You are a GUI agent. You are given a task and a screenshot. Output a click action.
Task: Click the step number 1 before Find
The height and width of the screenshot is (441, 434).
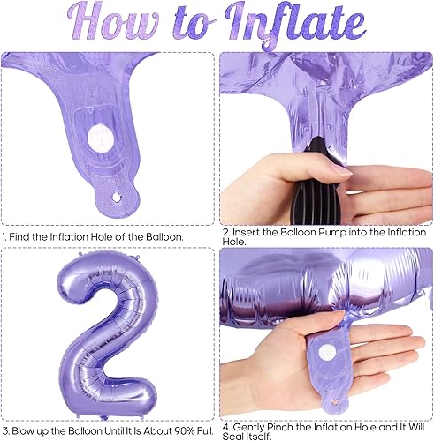click(5, 237)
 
